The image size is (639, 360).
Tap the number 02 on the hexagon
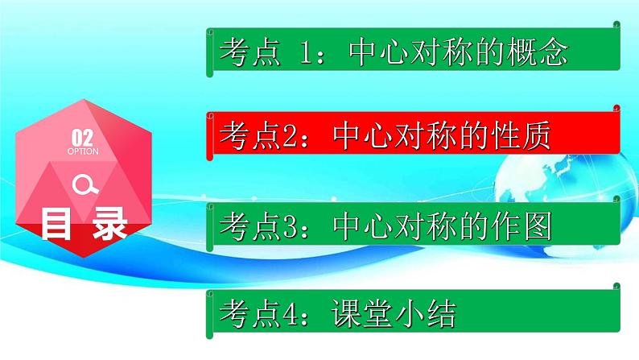point(83,136)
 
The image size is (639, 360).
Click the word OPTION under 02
point(83,151)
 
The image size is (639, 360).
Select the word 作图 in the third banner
point(523,228)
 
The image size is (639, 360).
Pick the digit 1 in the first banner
point(303,53)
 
